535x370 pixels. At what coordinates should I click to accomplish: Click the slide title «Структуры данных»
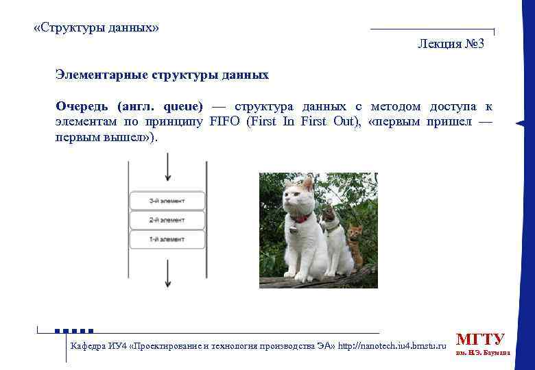click(96, 28)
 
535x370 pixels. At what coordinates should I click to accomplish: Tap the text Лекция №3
click(451, 45)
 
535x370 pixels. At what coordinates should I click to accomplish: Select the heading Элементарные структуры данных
click(162, 75)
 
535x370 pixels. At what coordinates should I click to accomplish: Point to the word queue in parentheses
click(182, 107)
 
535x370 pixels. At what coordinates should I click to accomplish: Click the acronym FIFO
click(224, 122)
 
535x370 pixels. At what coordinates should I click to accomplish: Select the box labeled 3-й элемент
click(167, 201)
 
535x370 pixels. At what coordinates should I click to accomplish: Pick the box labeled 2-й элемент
click(167, 220)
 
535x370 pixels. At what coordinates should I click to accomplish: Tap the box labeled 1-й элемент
click(167, 239)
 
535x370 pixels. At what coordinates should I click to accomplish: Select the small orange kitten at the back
click(355, 242)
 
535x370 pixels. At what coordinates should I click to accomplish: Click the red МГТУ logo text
click(480, 339)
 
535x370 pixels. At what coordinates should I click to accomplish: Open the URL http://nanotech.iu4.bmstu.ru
click(392, 345)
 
